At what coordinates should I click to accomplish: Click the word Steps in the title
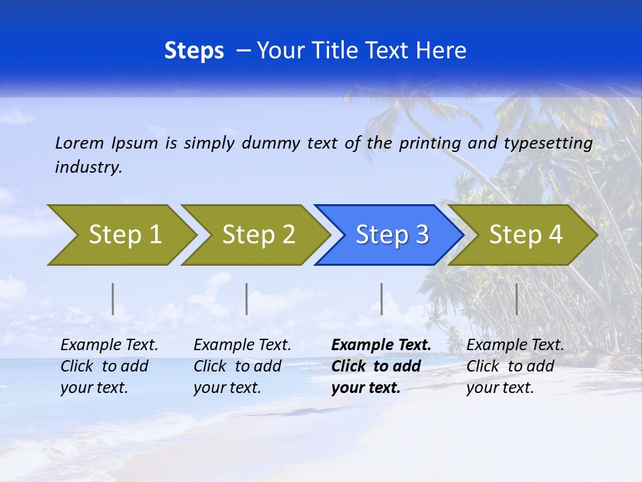(194, 51)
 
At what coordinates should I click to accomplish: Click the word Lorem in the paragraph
(79, 143)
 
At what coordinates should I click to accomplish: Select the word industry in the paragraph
(88, 167)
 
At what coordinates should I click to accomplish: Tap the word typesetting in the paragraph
(548, 143)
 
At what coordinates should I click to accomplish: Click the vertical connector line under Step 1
(113, 299)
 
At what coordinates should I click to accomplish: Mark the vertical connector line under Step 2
(247, 299)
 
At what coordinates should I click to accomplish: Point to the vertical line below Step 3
(381, 299)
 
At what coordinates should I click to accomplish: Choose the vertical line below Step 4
(516, 299)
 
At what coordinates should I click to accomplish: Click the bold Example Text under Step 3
(381, 345)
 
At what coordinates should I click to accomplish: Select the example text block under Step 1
(109, 366)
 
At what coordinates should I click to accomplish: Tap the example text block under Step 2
(242, 366)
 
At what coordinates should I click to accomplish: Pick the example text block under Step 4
(515, 366)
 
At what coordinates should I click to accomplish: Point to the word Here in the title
(441, 51)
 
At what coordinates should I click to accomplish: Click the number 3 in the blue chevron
(422, 235)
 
